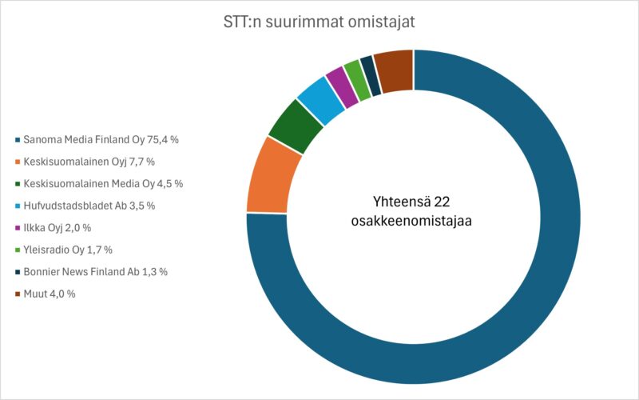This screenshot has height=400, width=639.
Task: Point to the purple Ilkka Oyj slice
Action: coord(341,84)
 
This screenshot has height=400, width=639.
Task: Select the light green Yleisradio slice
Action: coord(356,78)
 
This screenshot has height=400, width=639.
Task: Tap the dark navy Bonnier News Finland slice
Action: coord(370,74)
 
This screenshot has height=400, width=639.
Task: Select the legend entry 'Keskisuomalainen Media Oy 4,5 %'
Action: coord(103,183)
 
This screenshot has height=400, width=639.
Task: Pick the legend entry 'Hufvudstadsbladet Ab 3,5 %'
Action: coord(89,206)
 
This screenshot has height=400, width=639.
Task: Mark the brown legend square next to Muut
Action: coord(18,294)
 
